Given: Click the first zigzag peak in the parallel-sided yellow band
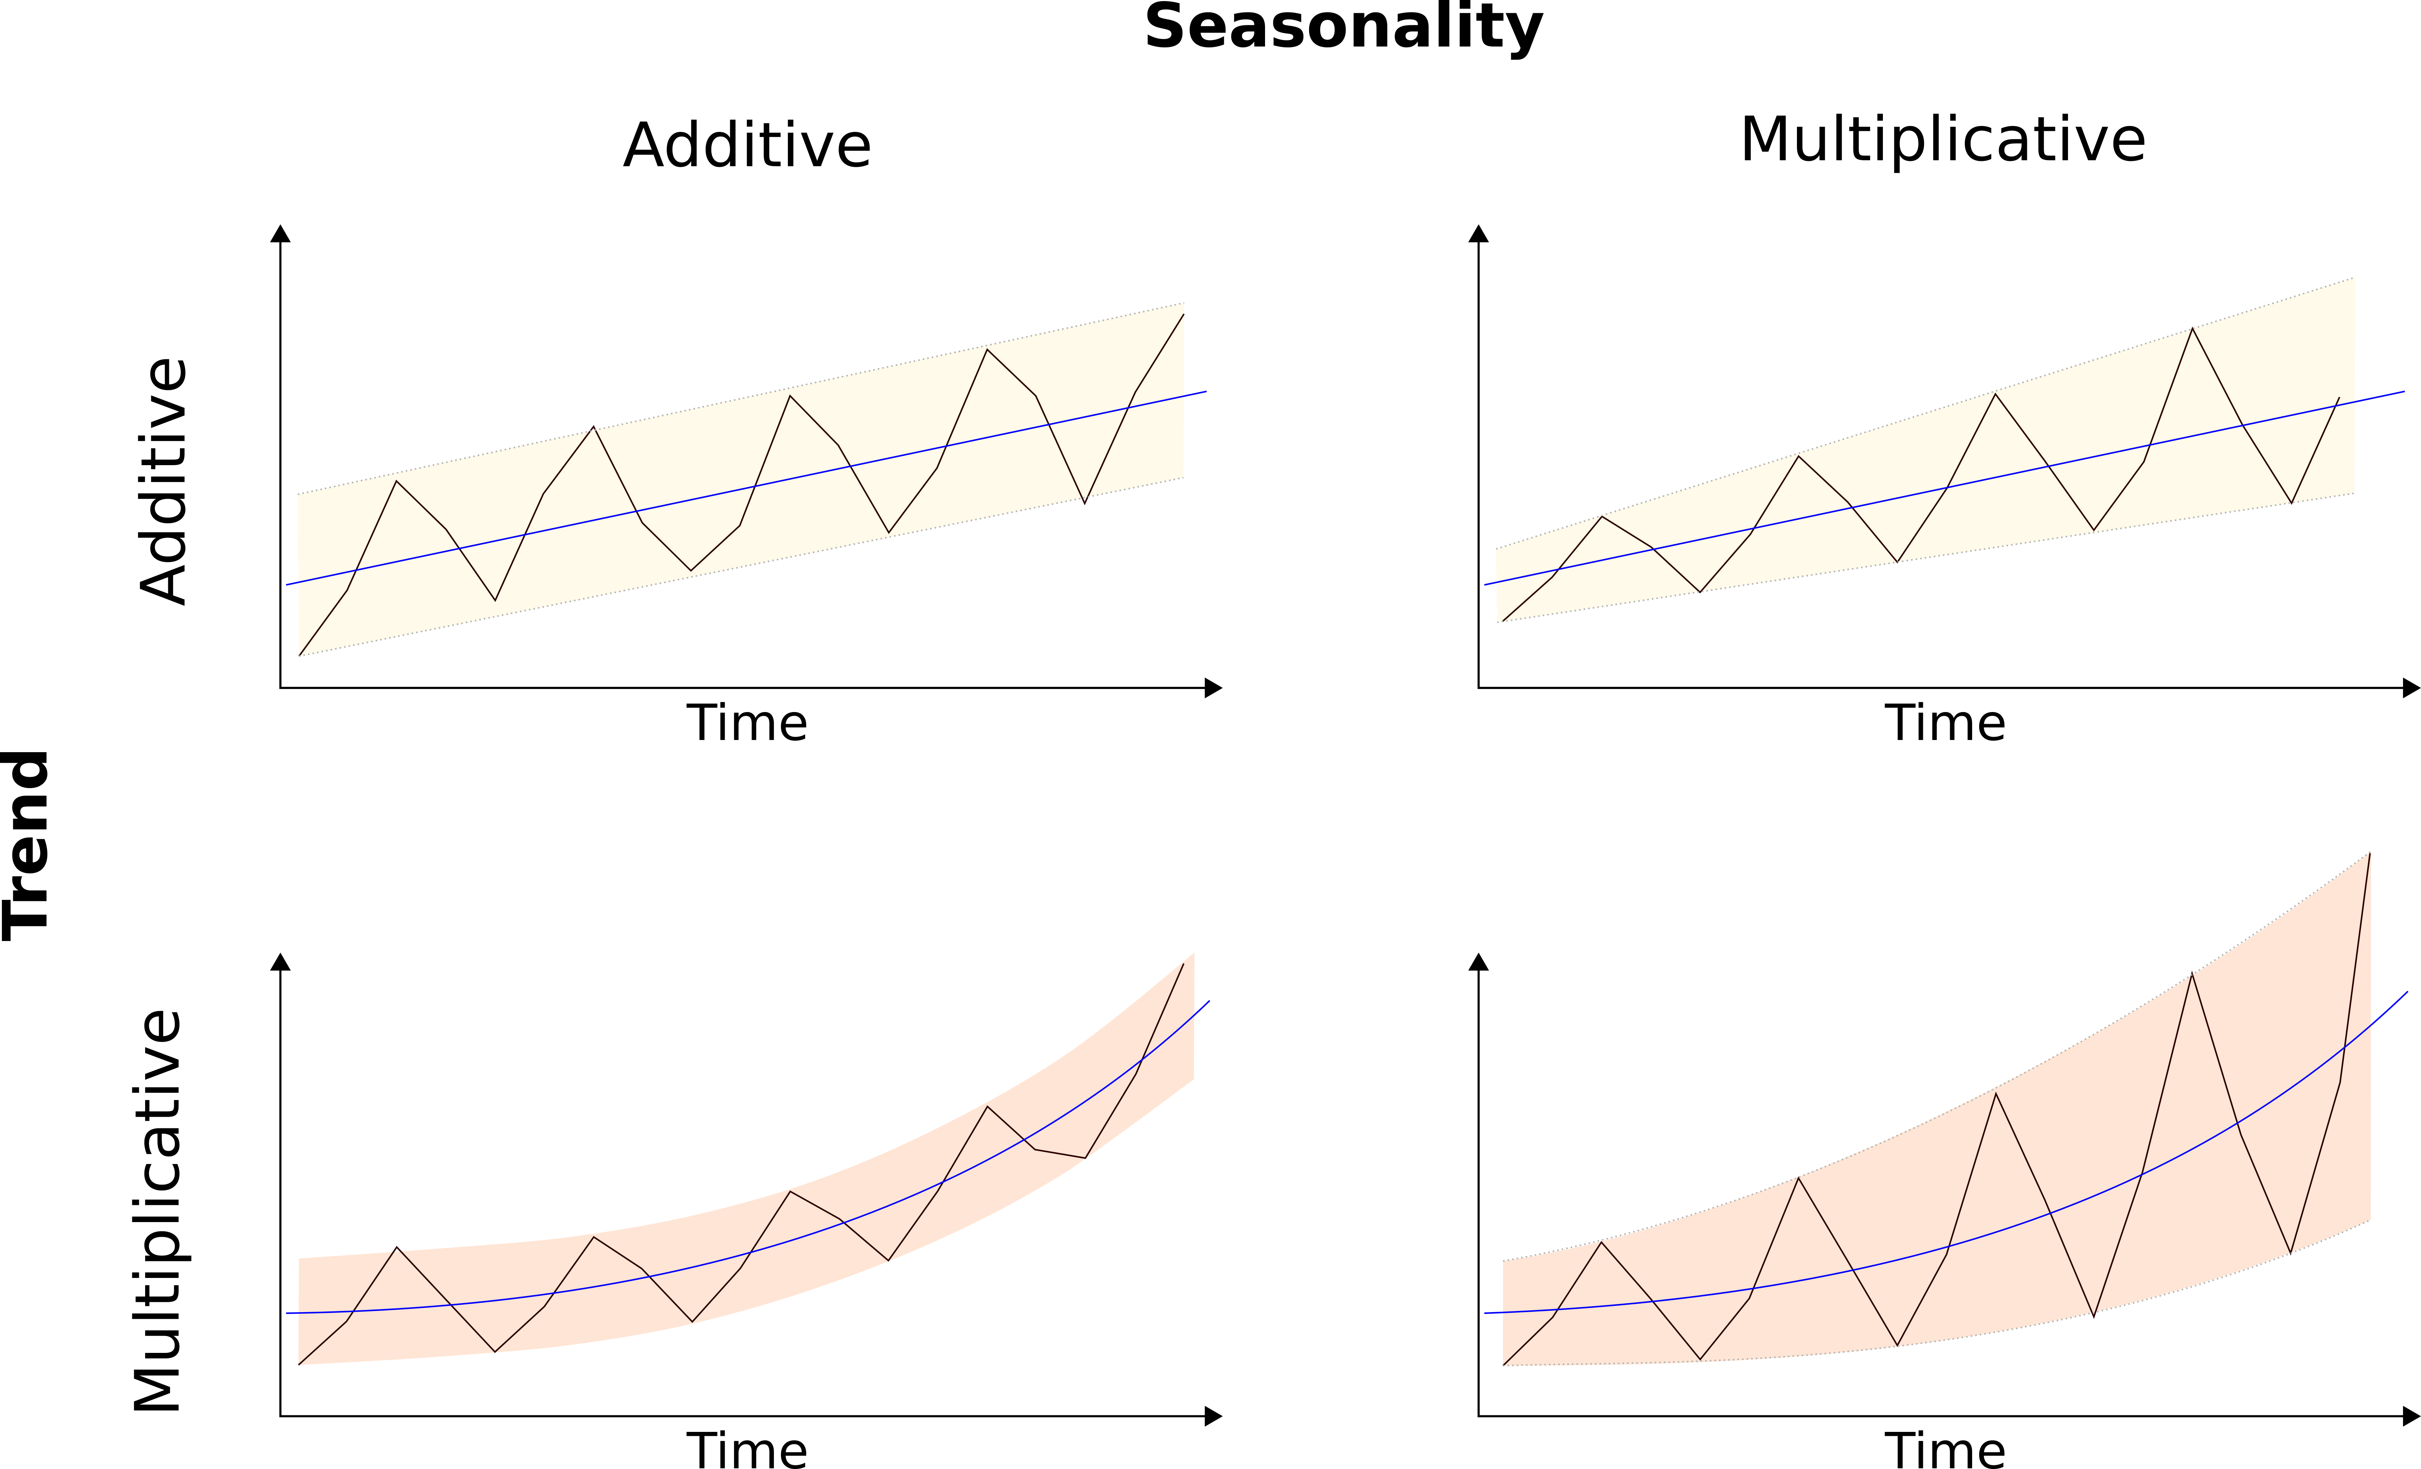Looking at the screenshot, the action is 396,481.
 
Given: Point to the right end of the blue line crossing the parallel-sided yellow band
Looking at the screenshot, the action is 1207,391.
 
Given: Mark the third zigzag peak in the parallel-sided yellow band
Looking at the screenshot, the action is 790,395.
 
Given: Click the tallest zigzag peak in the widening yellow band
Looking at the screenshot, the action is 2192,328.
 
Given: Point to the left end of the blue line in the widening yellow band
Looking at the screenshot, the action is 1485,585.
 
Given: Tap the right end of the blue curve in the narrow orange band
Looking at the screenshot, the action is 1210,1000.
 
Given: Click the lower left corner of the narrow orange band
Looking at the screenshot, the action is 298,1365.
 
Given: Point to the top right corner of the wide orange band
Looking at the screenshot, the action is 2371,851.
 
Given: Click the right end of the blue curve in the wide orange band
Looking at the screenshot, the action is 2408,992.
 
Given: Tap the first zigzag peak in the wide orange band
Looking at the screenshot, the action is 1602,1241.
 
